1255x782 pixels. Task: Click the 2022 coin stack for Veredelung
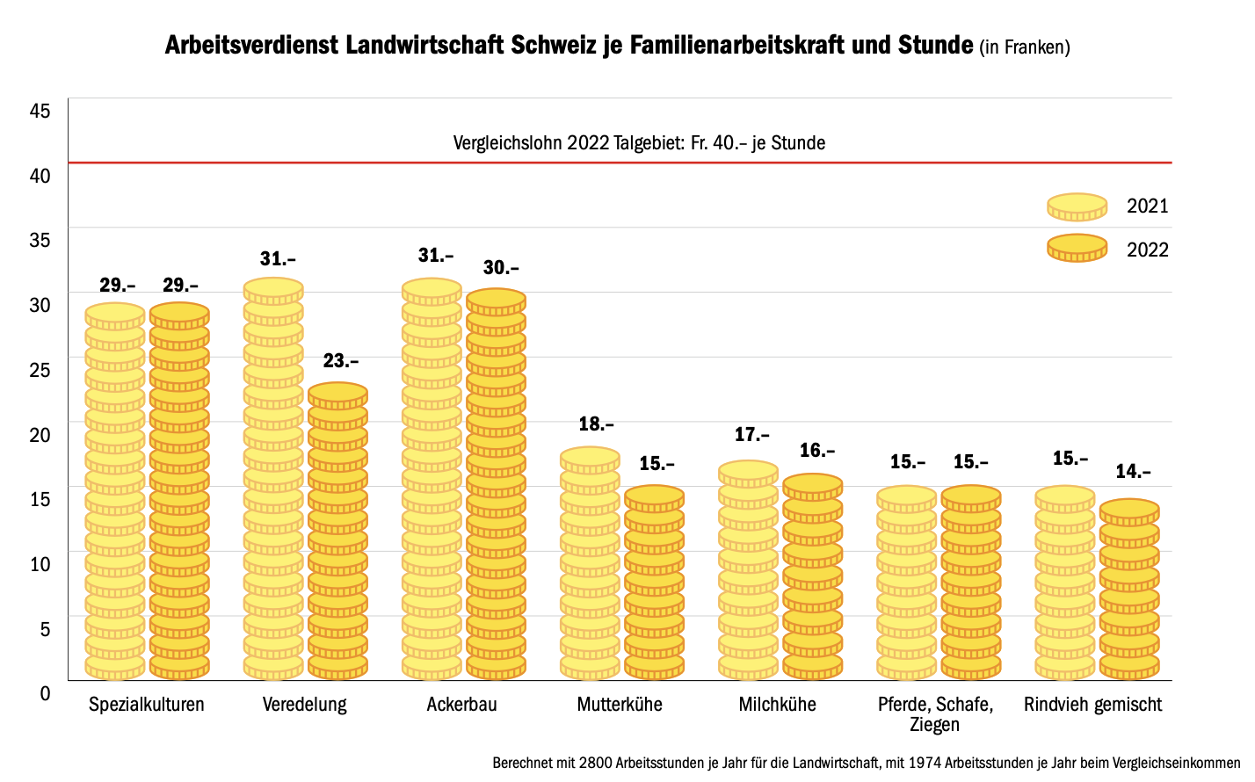[337, 532]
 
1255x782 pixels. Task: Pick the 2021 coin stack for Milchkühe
[748, 571]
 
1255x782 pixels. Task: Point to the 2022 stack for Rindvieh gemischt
[1129, 590]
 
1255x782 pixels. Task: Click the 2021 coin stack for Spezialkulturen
[115, 492]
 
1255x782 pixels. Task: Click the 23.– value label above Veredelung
[341, 361]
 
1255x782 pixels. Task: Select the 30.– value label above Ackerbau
[501, 268]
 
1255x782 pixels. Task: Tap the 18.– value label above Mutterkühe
[596, 424]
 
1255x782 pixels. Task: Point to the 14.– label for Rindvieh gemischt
[1133, 472]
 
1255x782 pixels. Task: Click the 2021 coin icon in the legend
[1077, 206]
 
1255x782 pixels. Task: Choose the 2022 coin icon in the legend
[1077, 249]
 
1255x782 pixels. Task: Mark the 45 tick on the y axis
[40, 111]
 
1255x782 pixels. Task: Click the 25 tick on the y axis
[40, 370]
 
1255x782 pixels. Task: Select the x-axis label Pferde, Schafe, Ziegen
[935, 714]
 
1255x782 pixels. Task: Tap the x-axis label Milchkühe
[777, 705]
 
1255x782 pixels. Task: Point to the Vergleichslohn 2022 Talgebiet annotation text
[639, 142]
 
